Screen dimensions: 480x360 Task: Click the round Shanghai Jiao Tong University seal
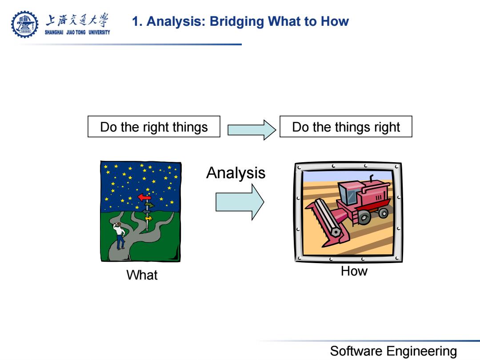[25, 24]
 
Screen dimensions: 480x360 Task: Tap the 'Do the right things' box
[154, 126]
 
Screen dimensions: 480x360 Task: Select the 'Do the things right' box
[346, 126]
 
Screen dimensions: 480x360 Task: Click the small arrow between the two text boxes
[252, 130]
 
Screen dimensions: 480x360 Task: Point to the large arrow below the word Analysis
[240, 202]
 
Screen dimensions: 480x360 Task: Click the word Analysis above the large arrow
[236, 173]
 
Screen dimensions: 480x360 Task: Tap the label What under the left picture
[142, 275]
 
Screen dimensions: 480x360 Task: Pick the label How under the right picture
[354, 271]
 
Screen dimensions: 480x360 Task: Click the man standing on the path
[120, 236]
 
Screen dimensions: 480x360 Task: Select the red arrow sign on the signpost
[144, 197]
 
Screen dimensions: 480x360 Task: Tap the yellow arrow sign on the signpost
[149, 219]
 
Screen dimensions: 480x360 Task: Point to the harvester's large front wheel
[364, 218]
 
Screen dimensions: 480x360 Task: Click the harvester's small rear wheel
[383, 212]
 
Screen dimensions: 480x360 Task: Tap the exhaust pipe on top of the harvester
[371, 178]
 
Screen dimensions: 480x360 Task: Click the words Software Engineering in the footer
[393, 351]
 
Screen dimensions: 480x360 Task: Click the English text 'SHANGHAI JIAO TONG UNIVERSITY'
[77, 32]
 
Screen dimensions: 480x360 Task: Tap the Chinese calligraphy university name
[77, 20]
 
